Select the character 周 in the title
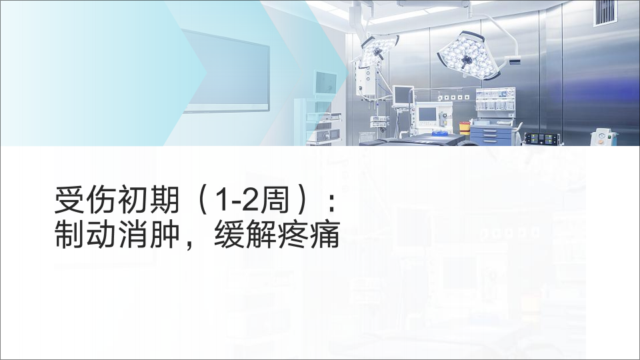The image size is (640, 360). (275, 200)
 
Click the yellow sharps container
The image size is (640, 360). (465, 127)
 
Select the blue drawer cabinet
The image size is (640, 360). (490, 135)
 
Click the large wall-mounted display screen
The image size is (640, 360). (226, 72)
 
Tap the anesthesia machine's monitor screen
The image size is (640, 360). (427, 114)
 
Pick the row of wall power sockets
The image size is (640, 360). (453, 97)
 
